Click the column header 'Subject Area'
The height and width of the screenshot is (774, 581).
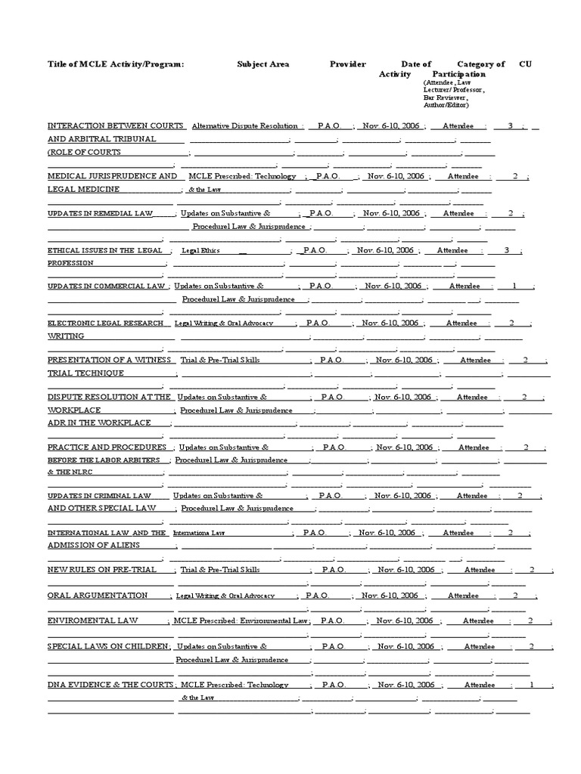coord(263,64)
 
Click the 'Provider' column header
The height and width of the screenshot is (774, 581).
coord(347,64)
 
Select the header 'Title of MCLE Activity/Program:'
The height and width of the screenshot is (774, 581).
coord(115,64)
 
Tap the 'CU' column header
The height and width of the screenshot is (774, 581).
coord(525,64)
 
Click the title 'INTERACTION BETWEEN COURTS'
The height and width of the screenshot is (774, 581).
coord(116,125)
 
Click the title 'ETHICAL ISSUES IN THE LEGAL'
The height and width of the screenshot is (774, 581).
coord(104,250)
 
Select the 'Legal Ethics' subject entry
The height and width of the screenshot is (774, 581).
coord(200,250)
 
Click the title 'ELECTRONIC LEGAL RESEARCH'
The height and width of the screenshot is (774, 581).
coord(105,323)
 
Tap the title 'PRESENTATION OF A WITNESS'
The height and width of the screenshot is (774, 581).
coord(110,360)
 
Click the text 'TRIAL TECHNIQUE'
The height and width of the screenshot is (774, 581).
coord(85,373)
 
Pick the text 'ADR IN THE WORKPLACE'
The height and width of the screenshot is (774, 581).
coord(99,423)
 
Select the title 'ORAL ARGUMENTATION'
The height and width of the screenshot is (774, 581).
coord(98,596)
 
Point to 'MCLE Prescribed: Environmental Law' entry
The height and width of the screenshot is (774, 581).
coord(240,621)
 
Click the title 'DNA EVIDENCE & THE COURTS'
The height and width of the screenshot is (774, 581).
coord(110,685)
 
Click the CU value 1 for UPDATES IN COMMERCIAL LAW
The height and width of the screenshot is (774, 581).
coord(514,286)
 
